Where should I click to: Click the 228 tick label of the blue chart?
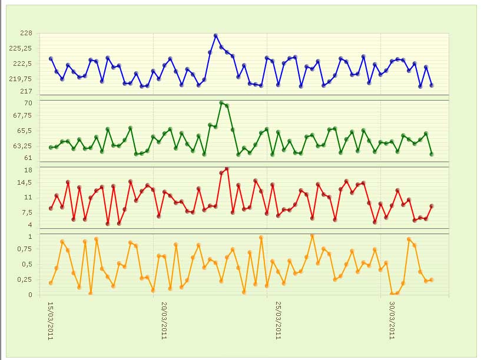(26, 33)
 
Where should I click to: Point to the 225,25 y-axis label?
(21, 48)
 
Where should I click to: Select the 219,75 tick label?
(21, 79)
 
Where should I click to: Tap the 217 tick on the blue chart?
(26, 91)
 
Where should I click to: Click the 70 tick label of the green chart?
(28, 103)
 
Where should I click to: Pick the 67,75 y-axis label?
(22, 115)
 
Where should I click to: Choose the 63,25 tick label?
(22, 146)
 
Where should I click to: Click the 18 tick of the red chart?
(28, 170)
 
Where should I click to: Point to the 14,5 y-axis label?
(24, 182)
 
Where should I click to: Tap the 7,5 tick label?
(26, 212)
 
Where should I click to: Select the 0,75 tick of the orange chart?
(24, 249)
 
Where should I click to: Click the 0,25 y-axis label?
(24, 279)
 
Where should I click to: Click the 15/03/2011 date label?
(51, 321)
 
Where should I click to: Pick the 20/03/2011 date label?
(164, 321)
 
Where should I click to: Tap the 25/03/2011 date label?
(278, 321)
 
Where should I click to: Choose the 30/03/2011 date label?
(392, 321)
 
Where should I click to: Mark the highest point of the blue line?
(216, 36)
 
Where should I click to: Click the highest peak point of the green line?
(221, 103)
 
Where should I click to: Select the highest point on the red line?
(227, 168)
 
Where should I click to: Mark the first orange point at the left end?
(51, 283)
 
